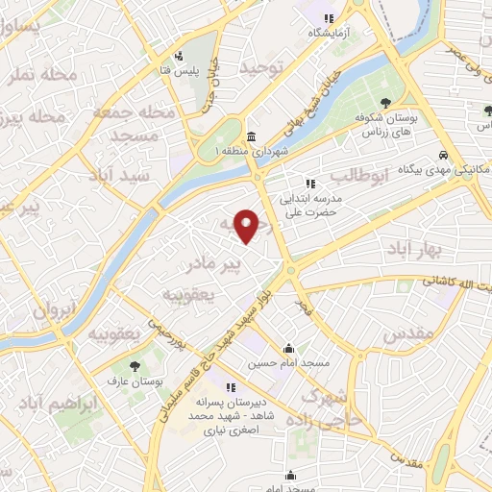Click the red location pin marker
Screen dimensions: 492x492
pyautogui.click(x=249, y=226)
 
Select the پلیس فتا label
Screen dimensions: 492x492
pyautogui.click(x=179, y=71)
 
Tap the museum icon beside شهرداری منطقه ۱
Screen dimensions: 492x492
pyautogui.click(x=251, y=135)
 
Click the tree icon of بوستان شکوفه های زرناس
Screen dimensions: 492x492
pyautogui.click(x=385, y=102)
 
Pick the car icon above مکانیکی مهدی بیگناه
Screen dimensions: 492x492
pyautogui.click(x=442, y=156)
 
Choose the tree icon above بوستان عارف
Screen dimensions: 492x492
pyautogui.click(x=134, y=366)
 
